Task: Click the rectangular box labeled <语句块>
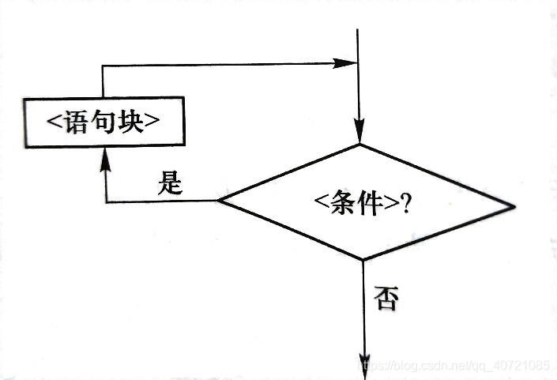coord(103,122)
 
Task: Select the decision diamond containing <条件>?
coord(366,202)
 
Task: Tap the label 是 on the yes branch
coord(171,185)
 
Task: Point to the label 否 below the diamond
coord(386,299)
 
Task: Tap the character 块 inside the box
coord(130,122)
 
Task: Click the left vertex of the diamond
coord(219,201)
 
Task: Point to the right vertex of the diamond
coord(515,208)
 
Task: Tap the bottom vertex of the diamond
coord(363,260)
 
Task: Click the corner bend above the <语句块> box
coord(103,64)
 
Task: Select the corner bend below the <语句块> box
coord(105,202)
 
